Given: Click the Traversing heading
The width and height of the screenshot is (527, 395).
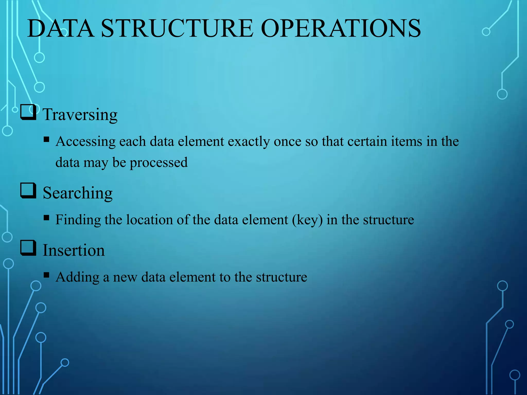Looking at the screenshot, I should [x=80, y=114].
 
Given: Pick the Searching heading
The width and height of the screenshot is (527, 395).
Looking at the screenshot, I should [x=78, y=193].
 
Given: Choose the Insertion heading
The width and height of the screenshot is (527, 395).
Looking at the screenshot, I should [x=74, y=250].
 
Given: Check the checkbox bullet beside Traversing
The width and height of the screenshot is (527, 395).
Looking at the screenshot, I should [x=28, y=112].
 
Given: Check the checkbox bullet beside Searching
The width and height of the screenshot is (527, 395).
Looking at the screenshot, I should [x=28, y=191].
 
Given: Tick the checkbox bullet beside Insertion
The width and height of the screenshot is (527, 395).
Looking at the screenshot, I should [x=28, y=248].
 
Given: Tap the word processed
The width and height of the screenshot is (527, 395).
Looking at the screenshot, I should [x=159, y=163].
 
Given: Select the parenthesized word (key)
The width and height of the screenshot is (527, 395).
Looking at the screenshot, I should [x=307, y=220].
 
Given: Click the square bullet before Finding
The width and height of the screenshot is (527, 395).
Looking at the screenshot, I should [x=47, y=218].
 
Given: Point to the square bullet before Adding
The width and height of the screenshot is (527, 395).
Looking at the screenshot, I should [x=47, y=275].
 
